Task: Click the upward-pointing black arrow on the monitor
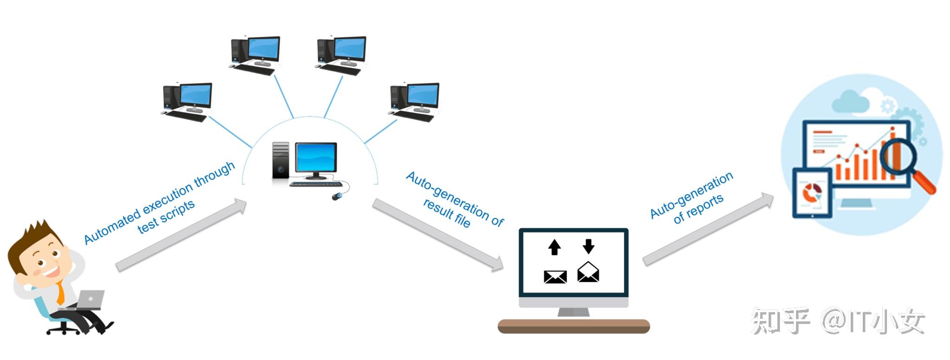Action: [554, 247]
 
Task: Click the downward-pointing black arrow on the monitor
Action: [589, 246]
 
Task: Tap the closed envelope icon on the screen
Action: [555, 277]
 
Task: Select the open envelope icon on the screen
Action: [588, 272]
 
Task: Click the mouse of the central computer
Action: [338, 196]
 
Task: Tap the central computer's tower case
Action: [281, 160]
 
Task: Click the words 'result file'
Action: [447, 213]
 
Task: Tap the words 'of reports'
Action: [698, 208]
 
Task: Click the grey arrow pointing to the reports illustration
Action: [708, 229]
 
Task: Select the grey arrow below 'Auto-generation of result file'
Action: [438, 235]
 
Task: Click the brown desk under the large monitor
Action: [574, 326]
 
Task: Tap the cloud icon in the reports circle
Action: [850, 101]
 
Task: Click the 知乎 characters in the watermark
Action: [781, 321]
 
